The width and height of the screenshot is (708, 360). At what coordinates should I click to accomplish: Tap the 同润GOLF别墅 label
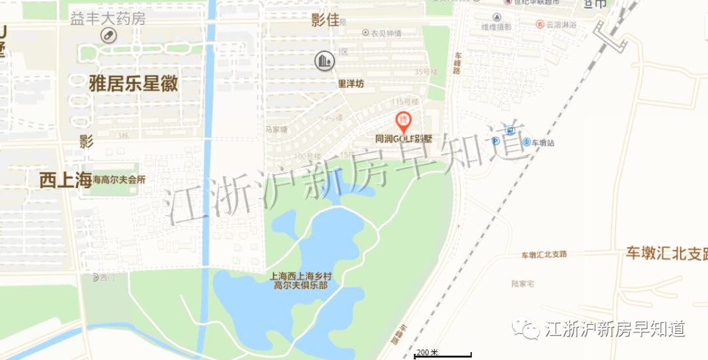(x=403, y=139)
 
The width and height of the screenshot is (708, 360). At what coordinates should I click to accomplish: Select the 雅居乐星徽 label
(x=133, y=83)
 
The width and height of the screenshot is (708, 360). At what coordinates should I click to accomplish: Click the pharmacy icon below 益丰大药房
(x=108, y=35)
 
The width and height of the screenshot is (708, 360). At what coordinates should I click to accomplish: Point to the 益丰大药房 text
(x=108, y=18)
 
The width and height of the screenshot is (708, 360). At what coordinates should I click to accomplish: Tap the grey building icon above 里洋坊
(x=324, y=61)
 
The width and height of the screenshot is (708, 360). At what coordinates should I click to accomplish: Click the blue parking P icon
(x=496, y=142)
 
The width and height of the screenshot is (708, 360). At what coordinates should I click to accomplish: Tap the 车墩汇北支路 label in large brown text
(x=665, y=254)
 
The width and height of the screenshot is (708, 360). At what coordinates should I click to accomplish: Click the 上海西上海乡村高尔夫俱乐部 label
(x=299, y=281)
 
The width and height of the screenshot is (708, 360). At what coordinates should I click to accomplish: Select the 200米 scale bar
(x=442, y=354)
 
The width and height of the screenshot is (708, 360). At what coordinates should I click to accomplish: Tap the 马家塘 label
(x=276, y=129)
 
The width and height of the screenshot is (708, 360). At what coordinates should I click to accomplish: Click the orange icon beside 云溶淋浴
(x=532, y=25)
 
